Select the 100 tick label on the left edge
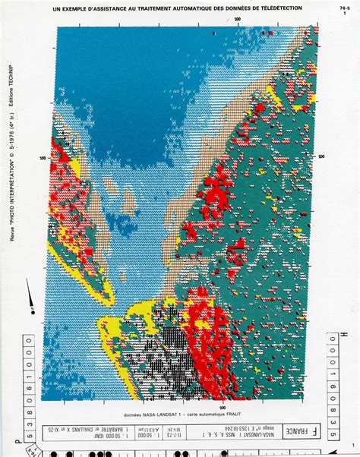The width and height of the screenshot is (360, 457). (43, 157)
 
